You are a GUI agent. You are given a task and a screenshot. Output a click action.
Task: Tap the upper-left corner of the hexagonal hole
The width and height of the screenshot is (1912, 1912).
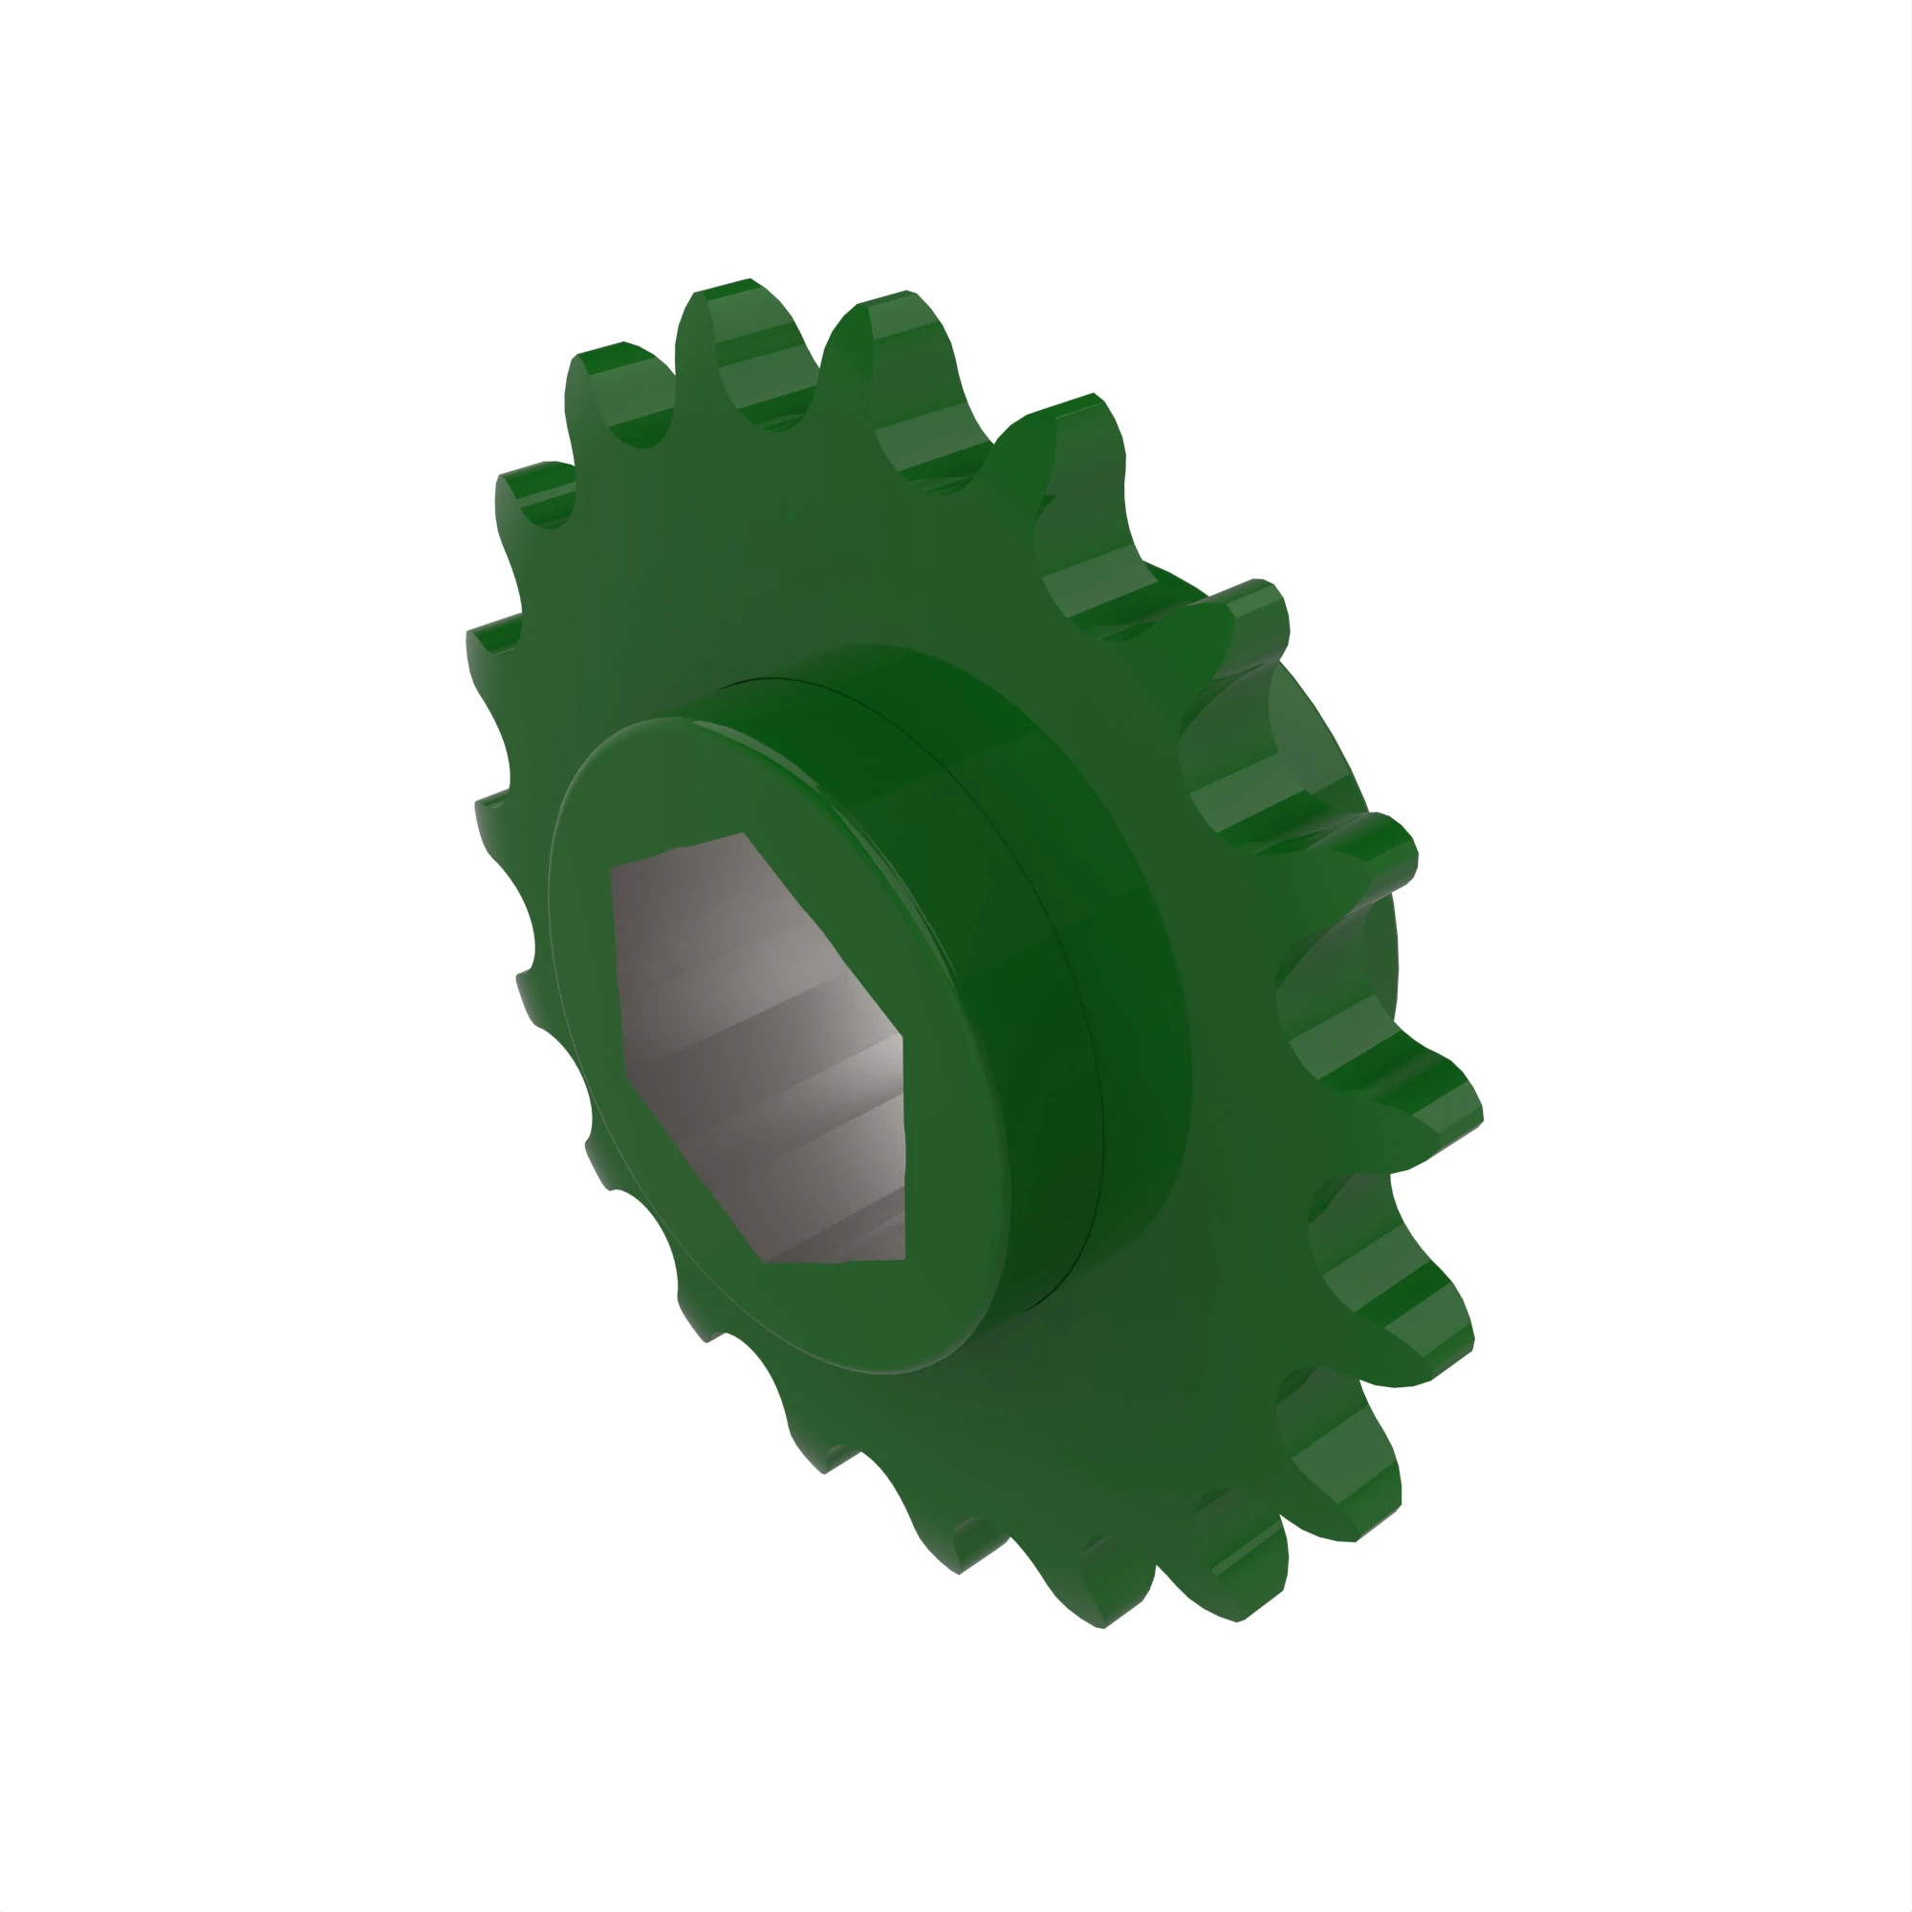(x=613, y=869)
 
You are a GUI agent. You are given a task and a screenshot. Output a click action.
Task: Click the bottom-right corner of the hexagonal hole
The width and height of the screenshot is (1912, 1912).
(x=904, y=1259)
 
